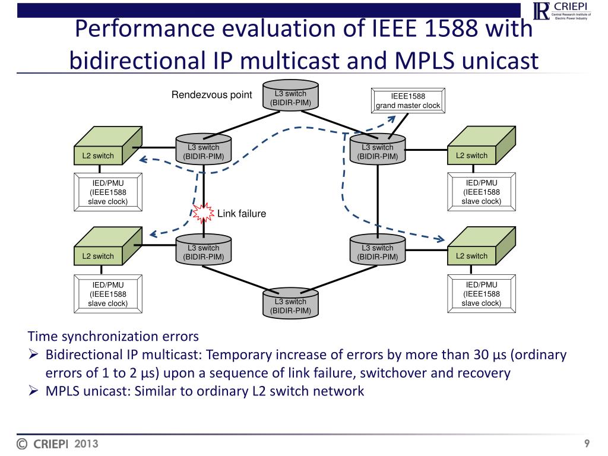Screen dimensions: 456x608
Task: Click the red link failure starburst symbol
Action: tap(204, 213)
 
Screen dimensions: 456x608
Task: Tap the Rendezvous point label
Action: tap(211, 95)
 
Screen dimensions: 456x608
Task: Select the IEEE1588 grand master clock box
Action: tap(407, 101)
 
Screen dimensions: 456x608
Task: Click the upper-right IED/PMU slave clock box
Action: tap(481, 192)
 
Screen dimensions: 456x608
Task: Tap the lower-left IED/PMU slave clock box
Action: tap(107, 294)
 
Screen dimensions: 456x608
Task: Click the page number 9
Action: tap(587, 444)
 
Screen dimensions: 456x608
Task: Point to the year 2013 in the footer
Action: tap(86, 444)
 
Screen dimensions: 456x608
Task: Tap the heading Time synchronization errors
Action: tap(113, 337)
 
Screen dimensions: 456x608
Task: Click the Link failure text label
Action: tap(241, 214)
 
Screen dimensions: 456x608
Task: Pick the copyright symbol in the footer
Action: tap(23, 444)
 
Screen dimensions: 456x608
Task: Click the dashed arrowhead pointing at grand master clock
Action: tap(392, 118)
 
